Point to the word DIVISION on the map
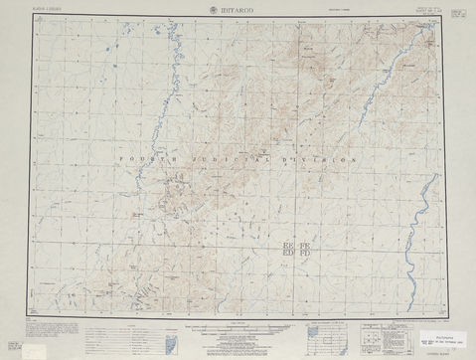[327, 160]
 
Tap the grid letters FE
[305, 244]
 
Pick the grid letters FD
[305, 254]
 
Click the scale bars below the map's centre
[238, 328]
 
